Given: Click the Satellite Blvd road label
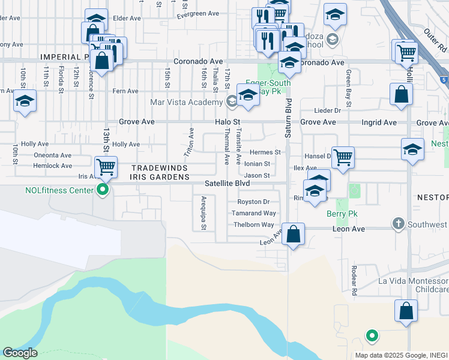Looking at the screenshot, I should [x=226, y=183].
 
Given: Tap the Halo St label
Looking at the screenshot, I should [x=228, y=122].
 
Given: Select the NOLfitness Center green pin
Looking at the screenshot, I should [x=103, y=190].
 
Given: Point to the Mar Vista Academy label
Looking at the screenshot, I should [x=186, y=102].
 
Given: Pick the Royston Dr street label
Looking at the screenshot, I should [x=253, y=202].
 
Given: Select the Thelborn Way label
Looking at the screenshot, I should [x=254, y=224].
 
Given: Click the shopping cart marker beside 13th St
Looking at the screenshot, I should [x=106, y=166].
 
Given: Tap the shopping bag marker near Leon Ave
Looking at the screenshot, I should [x=292, y=234].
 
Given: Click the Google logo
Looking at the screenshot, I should [x=20, y=353].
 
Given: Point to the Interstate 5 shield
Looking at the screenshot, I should [x=443, y=79].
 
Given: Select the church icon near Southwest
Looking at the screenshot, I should [x=397, y=224].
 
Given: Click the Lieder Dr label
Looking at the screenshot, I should [x=328, y=110].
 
